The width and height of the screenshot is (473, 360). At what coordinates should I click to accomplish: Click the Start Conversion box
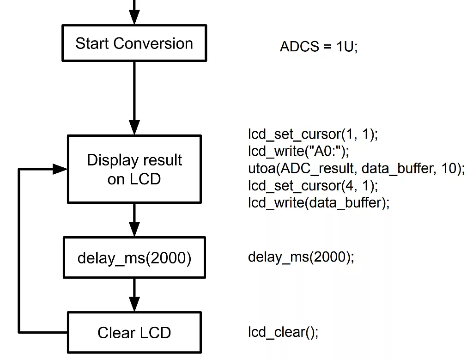coord(134,43)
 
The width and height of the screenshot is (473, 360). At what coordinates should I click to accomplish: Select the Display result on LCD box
coord(134,169)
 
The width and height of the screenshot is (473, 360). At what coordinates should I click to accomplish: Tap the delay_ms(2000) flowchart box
coord(134,257)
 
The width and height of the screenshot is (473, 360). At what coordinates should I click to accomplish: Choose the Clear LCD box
coord(134,332)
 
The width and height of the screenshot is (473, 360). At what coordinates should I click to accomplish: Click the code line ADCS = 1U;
coord(318,47)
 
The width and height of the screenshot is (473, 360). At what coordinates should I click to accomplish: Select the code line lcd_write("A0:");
coord(298,152)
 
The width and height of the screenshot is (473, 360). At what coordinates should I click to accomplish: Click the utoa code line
coord(356,169)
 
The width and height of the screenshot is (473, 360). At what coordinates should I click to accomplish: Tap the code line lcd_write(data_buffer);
coord(318,202)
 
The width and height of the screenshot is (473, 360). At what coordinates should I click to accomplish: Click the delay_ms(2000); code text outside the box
coord(301,257)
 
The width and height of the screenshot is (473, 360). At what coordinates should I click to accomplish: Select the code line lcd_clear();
coord(283,332)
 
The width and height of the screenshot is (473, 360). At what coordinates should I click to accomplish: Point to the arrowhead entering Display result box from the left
coord(60,169)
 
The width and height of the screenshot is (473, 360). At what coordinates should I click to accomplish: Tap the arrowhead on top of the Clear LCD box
coord(134,305)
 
